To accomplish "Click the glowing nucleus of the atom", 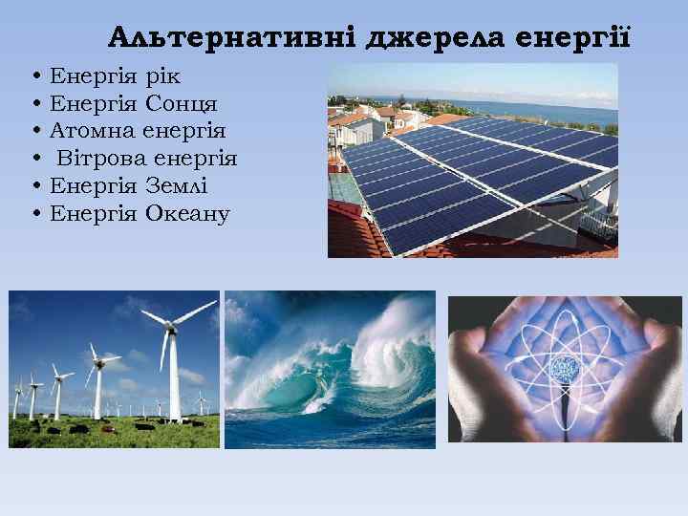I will click(565, 366).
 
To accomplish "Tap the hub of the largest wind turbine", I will click(173, 327).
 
